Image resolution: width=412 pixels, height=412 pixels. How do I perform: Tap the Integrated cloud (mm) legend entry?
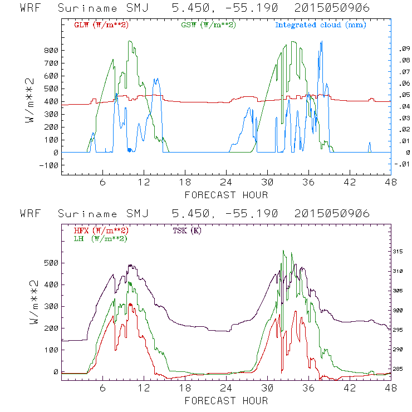320,25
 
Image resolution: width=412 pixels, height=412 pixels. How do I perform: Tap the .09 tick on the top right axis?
403,49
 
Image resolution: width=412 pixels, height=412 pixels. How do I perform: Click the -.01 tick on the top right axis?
401,164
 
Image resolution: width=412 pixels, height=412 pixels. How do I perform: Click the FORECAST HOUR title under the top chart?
226,195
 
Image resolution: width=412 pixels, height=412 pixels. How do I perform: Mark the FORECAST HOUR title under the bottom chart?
226,401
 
